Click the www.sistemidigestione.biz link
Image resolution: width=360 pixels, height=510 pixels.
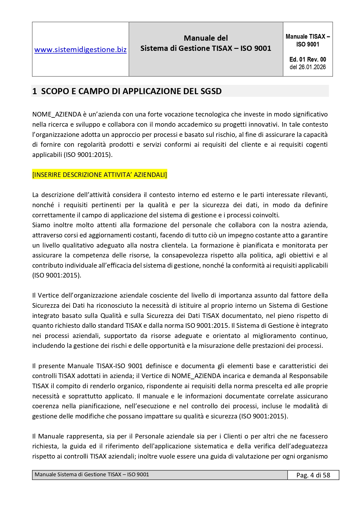tap(80, 50)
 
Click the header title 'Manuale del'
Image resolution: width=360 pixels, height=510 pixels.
tap(206, 38)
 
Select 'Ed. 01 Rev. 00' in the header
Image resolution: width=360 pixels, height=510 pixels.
tap(308, 60)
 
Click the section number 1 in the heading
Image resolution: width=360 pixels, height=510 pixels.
tap(35, 91)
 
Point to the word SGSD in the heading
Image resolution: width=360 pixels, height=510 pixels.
tap(211, 91)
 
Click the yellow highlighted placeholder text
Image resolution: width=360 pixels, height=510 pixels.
tap(100, 175)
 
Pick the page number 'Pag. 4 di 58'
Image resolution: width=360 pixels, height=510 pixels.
tap(313, 475)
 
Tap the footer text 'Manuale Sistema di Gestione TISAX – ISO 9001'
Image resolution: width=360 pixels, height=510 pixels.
tap(92, 475)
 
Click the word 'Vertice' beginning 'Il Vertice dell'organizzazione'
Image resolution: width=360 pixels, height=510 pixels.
tap(49, 295)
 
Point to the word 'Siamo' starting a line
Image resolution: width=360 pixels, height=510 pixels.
tap(41, 225)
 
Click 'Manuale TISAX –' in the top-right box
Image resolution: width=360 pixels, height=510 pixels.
tap(308, 37)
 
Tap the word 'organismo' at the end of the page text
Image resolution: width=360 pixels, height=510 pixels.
tap(314, 456)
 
